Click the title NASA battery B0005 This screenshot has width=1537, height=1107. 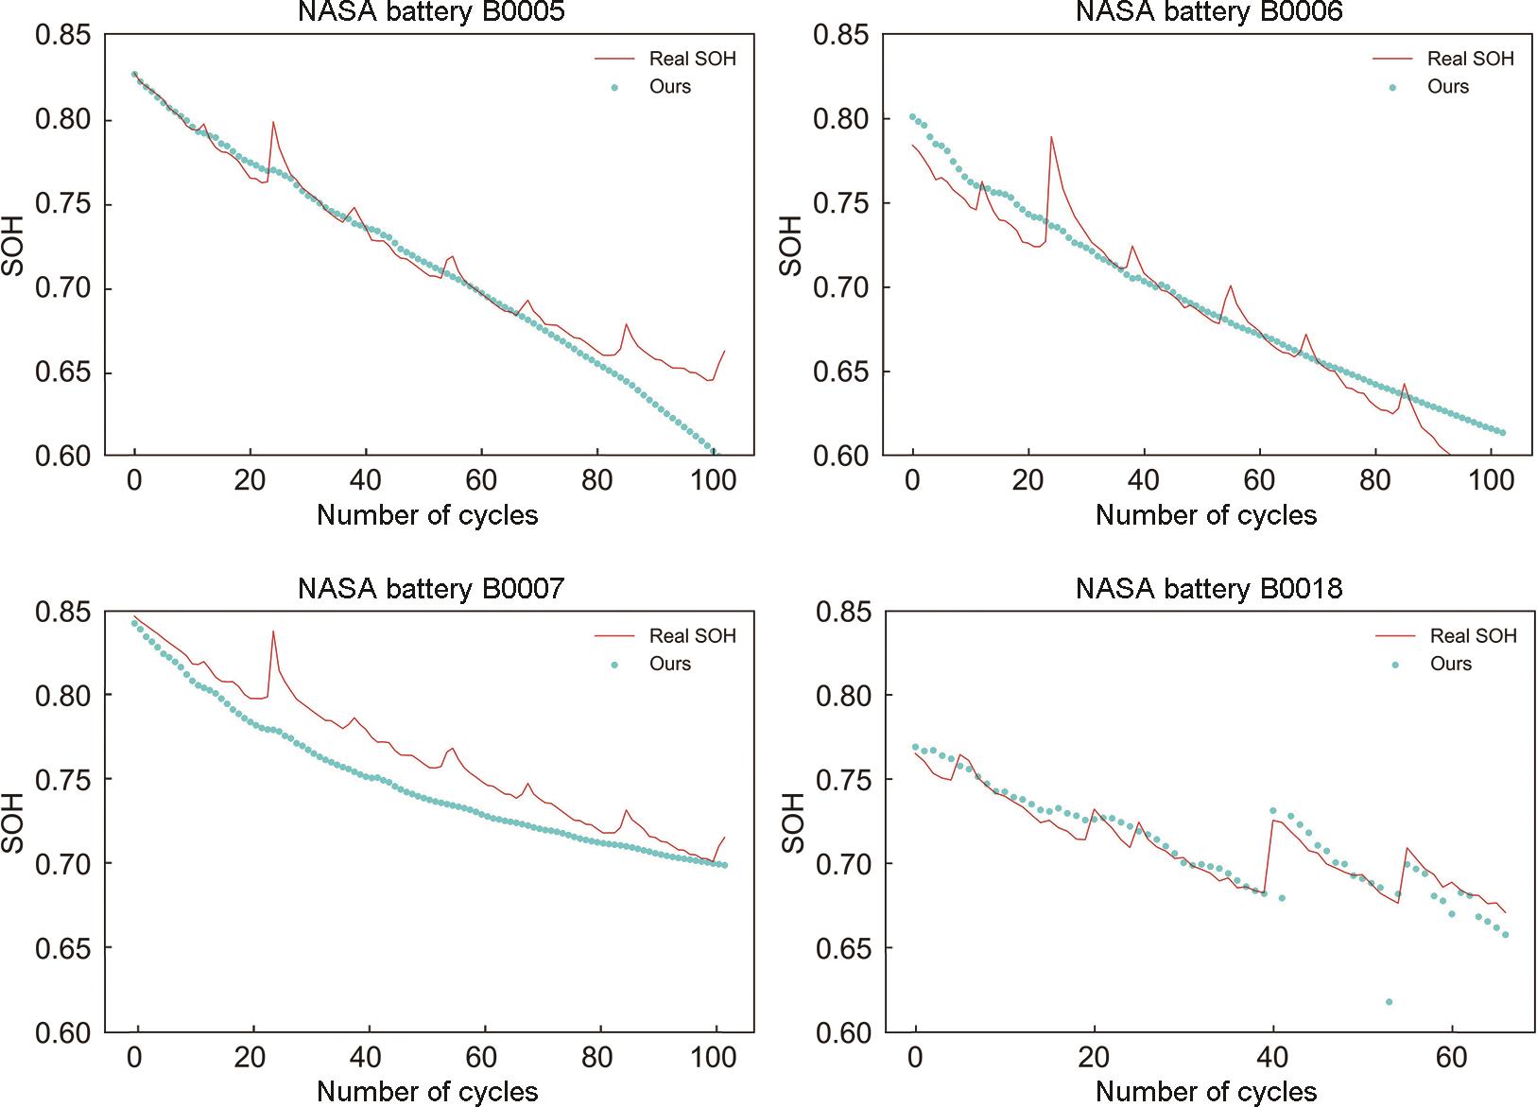(430, 11)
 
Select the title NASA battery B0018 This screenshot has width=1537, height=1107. (1209, 589)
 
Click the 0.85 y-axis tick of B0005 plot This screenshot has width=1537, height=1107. (63, 36)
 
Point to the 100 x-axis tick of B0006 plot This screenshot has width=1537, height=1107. (1492, 481)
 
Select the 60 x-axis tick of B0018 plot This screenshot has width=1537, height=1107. (1451, 1058)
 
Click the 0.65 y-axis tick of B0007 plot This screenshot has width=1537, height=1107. (63, 948)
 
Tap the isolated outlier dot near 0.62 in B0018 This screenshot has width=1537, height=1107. (1389, 1002)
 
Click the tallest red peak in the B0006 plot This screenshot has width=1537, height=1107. (1051, 137)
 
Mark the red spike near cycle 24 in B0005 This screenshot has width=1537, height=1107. (273, 122)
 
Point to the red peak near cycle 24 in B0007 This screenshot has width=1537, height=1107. (273, 631)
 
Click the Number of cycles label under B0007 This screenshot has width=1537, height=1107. (427, 1092)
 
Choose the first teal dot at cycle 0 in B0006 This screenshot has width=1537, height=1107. (912, 117)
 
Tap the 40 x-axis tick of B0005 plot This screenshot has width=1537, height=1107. (366, 481)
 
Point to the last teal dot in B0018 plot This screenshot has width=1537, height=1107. (1505, 935)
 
